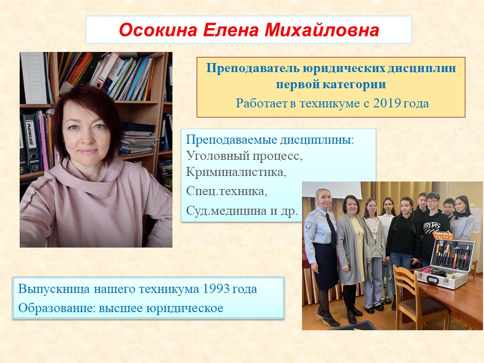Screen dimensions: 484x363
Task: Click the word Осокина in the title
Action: click(158, 30)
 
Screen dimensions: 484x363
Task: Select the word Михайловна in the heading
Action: click(321, 30)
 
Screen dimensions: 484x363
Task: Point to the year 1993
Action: click(216, 289)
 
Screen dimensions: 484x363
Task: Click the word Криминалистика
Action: click(236, 172)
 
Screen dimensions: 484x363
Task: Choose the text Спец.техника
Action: click(226, 191)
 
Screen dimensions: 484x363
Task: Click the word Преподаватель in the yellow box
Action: click(253, 68)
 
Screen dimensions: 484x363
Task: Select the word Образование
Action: click(57, 308)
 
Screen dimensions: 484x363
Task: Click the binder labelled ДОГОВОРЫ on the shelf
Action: click(31, 143)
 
